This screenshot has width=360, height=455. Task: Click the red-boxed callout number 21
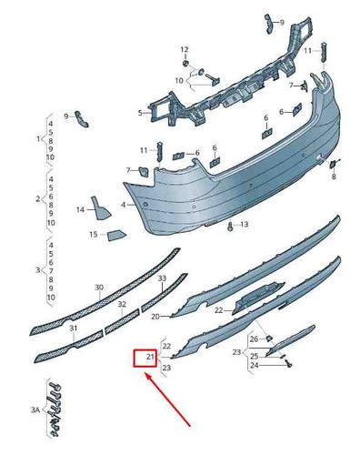(150, 357)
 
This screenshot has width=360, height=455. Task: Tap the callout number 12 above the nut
(185, 49)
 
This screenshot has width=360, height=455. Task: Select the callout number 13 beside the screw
(245, 225)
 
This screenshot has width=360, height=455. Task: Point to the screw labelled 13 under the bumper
(231, 226)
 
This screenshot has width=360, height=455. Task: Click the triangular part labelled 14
(100, 208)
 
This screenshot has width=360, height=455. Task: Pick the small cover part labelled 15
(116, 235)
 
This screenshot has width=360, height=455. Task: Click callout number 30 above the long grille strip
(99, 287)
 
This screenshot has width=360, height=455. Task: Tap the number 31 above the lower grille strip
(74, 328)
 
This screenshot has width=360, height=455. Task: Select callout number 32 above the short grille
(122, 304)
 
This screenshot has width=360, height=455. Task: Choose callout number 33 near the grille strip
(162, 278)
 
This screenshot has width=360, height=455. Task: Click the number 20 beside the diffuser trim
(155, 317)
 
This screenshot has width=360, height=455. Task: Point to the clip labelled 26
(268, 338)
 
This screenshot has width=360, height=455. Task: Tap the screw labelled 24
(288, 365)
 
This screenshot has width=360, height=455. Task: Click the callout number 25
(255, 356)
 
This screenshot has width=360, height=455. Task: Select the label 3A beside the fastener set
(35, 410)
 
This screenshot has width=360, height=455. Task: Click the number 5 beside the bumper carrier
(140, 113)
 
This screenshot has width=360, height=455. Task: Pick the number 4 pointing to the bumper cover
(123, 205)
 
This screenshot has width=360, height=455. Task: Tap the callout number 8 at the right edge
(334, 177)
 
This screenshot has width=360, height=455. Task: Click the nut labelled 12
(185, 63)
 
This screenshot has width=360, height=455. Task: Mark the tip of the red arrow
(145, 374)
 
